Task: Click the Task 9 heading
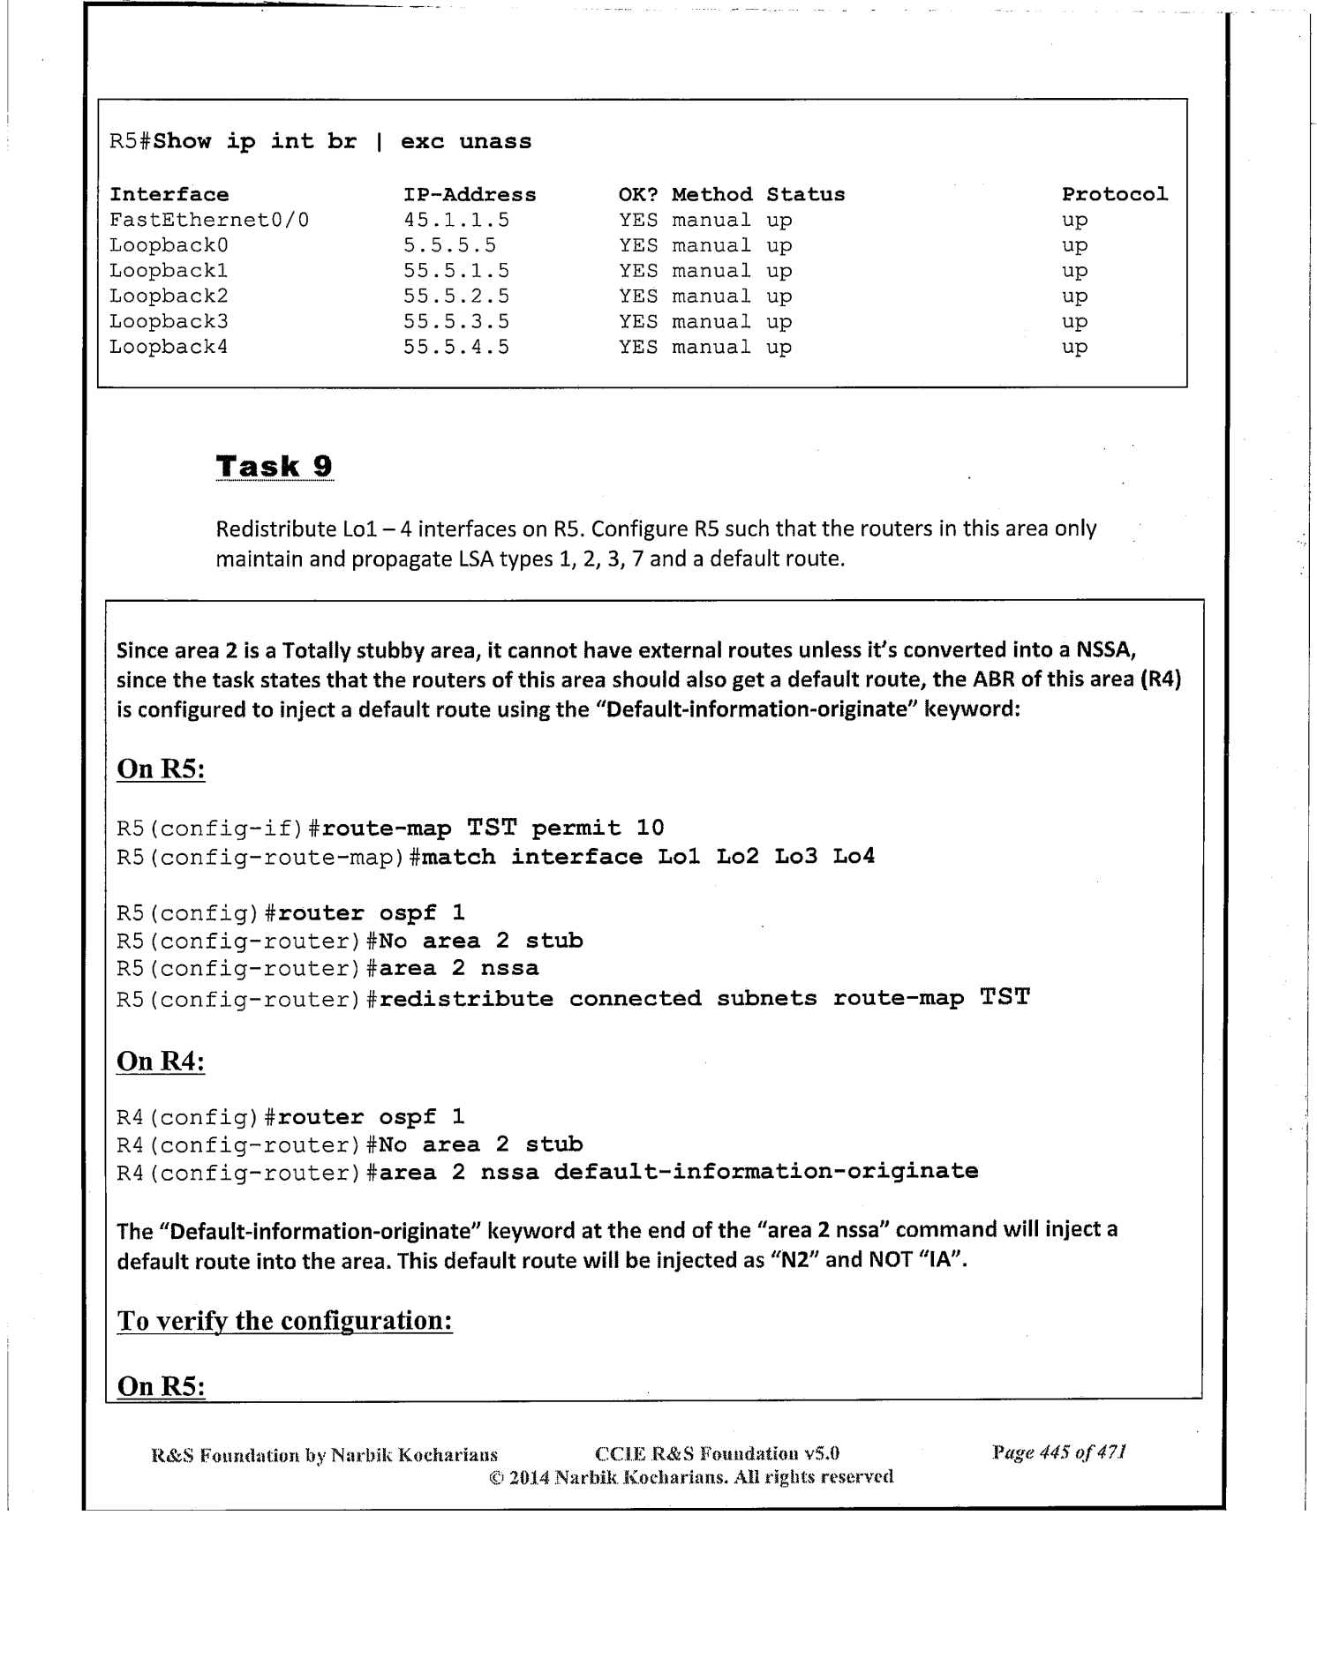274,466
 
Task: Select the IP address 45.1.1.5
456,220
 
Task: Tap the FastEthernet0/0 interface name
209,220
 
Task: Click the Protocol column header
1114,194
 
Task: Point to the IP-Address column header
470,194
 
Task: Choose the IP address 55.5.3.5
456,321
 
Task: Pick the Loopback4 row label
169,347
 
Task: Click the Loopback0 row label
169,245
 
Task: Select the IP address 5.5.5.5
449,245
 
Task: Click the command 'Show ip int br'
255,142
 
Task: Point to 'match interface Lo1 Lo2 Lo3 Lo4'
649,856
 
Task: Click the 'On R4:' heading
161,1061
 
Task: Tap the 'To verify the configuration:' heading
284,1321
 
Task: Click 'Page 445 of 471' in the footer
1058,1452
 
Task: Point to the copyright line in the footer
691,1476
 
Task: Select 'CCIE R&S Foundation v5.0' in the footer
717,1453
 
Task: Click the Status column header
805,194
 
